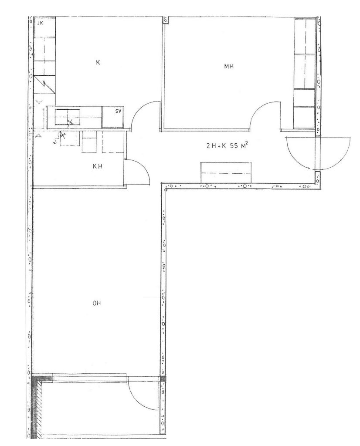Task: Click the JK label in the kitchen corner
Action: [40, 24]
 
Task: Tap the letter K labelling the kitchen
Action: [98, 62]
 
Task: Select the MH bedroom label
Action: [229, 67]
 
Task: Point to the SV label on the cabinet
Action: [118, 111]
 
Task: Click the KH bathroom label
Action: [97, 166]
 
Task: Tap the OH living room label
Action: [97, 303]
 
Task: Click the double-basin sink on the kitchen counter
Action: [68, 117]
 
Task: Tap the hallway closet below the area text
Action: [226, 172]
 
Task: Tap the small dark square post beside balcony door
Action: [163, 379]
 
